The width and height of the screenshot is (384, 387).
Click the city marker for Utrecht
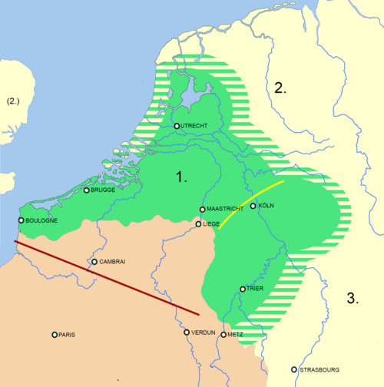[177, 126]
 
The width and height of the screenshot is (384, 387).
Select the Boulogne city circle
[21, 220]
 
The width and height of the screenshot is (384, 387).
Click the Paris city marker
[55, 335]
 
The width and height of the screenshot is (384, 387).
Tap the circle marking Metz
[223, 335]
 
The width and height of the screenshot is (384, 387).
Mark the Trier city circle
[243, 289]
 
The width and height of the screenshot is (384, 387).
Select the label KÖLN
[266, 206]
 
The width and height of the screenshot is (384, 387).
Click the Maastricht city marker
[203, 209]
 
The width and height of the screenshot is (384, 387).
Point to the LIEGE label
[212, 224]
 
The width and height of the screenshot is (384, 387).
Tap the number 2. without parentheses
[280, 88]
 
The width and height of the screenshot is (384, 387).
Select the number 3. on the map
[353, 299]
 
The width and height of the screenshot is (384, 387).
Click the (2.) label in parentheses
[15, 101]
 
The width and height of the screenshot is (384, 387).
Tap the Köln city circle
[253, 206]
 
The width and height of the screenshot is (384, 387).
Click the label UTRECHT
[195, 126]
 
